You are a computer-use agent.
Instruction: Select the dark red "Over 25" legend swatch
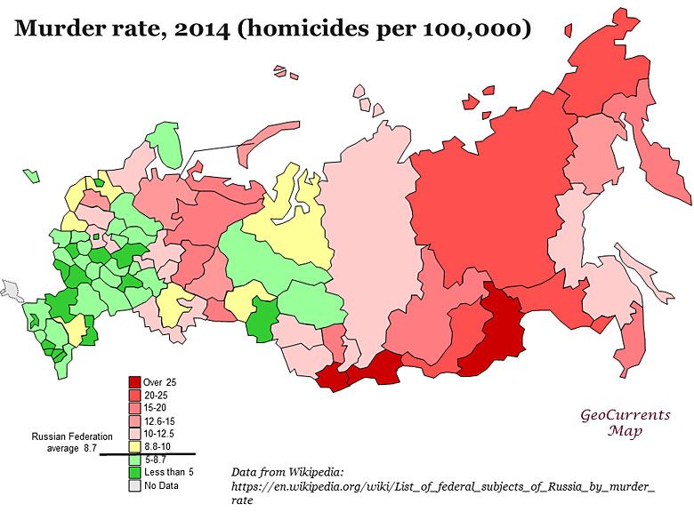(134, 381)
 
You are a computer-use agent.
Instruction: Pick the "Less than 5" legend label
(168, 471)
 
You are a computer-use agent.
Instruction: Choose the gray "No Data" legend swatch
(134, 484)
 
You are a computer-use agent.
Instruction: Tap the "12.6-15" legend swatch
(134, 419)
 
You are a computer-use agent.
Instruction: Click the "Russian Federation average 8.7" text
(72, 443)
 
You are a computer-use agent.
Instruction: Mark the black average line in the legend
(147, 452)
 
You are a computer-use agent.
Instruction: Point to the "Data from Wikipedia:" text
(286, 471)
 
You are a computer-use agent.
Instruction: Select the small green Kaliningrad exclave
(33, 175)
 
